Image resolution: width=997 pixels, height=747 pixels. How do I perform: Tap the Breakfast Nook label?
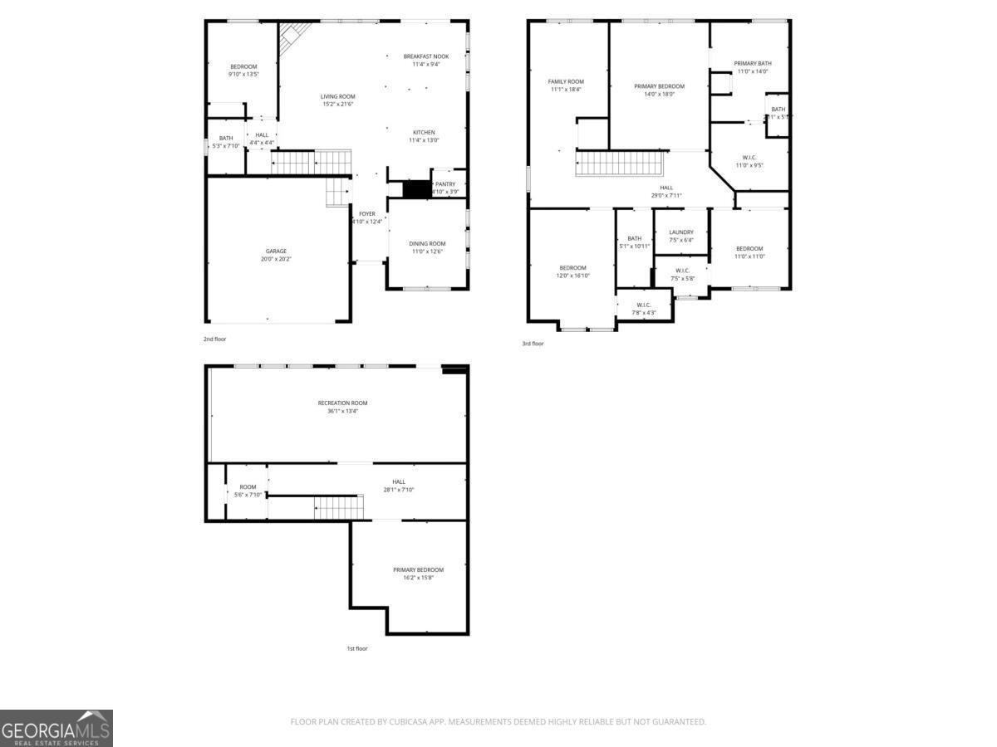426,56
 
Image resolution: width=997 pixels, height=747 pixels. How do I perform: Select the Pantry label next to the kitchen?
445,184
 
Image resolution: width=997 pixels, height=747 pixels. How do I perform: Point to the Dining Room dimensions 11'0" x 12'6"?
427,251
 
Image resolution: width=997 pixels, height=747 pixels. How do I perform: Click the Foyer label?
367,214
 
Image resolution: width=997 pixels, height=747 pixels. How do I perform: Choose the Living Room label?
337,96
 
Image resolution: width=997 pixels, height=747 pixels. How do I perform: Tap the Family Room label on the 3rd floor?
566,81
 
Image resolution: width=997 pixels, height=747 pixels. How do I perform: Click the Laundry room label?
680,232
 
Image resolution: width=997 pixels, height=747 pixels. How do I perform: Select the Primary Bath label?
752,63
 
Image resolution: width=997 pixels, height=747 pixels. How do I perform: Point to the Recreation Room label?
342,403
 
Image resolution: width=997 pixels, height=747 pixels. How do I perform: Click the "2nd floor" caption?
215,339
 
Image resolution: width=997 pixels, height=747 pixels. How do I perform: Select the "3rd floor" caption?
533,344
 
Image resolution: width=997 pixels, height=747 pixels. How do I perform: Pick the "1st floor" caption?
356,648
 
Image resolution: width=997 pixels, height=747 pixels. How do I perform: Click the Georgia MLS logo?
56,728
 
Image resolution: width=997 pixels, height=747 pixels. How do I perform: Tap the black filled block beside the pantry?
416,188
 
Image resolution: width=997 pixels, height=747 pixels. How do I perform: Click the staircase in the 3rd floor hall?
621,164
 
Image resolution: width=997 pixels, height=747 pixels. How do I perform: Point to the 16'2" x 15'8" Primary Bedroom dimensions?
418,578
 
